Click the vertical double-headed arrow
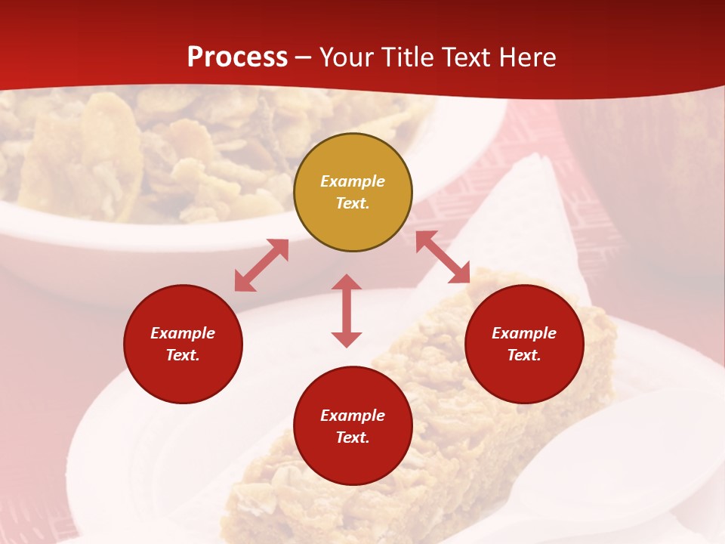[x=347, y=311]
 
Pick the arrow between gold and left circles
[x=261, y=265]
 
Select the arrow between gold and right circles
[x=443, y=257]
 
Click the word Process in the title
[x=237, y=57]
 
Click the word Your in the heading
[x=345, y=57]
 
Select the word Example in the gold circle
[x=353, y=181]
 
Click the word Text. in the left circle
[x=183, y=355]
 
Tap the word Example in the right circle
[x=524, y=333]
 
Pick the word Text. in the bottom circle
[x=353, y=437]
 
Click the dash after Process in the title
[x=303, y=57]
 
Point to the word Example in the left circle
[x=183, y=333]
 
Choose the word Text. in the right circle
[x=524, y=355]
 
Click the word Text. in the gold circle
[x=353, y=203]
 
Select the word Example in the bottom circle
[x=353, y=416]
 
